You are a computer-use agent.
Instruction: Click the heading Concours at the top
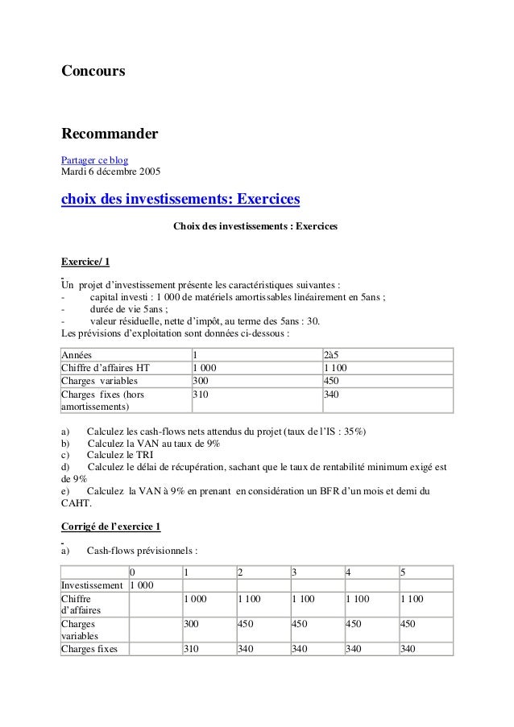pos(93,72)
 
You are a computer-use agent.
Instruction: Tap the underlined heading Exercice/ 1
pos(85,262)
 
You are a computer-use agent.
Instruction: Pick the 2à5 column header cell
pos(330,355)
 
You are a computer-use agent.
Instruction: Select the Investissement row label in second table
pos(92,584)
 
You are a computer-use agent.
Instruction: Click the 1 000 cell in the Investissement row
pos(143,584)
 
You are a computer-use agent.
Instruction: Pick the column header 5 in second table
pos(402,572)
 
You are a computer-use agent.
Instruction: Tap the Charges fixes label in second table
pos(89,649)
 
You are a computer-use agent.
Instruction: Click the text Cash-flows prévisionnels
pos(136,551)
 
